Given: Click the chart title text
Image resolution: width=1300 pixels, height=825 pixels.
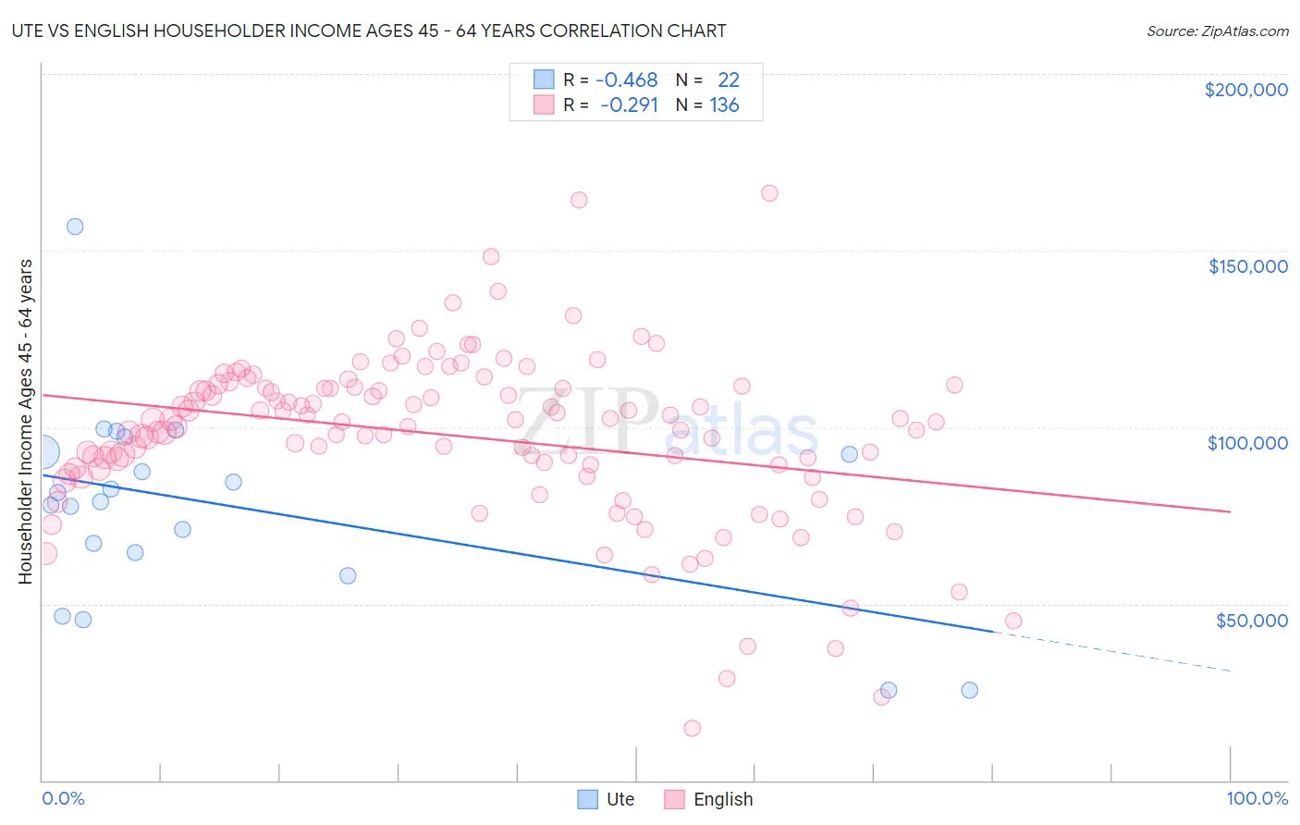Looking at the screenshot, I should [x=368, y=31].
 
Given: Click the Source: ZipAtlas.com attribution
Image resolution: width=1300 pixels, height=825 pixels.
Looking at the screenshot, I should [x=1217, y=31].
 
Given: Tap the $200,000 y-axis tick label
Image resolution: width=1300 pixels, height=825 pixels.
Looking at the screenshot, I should [x=1245, y=90].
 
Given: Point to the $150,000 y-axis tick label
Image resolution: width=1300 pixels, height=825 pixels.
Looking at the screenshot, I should [x=1247, y=266].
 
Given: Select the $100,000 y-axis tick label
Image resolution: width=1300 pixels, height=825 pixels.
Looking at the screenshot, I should [x=1247, y=443].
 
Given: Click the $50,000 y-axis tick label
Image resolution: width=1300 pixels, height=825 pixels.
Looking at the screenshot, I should [x=1251, y=621].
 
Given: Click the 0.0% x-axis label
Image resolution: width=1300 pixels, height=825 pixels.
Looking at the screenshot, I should [x=63, y=798].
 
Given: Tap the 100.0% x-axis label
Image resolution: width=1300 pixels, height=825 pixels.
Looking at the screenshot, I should [x=1257, y=798].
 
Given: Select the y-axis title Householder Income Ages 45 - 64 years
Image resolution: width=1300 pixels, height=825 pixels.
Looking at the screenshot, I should [x=26, y=422].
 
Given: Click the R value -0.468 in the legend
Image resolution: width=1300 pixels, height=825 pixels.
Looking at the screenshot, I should [x=626, y=80].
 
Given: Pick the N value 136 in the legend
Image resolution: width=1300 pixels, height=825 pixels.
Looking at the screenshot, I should [x=724, y=105].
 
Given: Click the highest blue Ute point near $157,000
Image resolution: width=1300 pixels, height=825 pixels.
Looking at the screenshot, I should [x=75, y=227].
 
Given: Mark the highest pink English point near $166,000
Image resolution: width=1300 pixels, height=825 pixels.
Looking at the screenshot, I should [x=769, y=193].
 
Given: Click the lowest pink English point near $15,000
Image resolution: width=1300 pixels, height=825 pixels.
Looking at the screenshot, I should [x=692, y=728].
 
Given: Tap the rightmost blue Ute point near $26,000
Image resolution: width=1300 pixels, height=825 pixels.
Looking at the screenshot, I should [x=969, y=690].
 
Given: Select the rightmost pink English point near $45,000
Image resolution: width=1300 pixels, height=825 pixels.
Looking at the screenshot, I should [x=1013, y=621].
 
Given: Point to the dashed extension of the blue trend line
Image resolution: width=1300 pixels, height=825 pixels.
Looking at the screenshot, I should [x=1110, y=651].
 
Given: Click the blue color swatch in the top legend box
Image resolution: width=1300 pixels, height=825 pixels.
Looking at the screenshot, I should [x=544, y=80].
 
